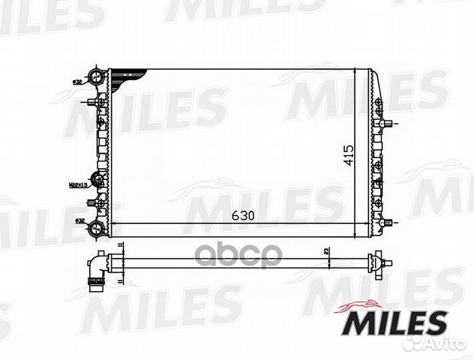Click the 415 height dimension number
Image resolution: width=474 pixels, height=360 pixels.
[x=349, y=155]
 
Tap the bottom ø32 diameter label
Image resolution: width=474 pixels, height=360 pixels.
[x=79, y=219]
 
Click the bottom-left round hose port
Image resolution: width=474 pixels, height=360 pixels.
[x=97, y=229]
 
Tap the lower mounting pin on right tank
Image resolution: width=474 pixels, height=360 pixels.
[x=389, y=222]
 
